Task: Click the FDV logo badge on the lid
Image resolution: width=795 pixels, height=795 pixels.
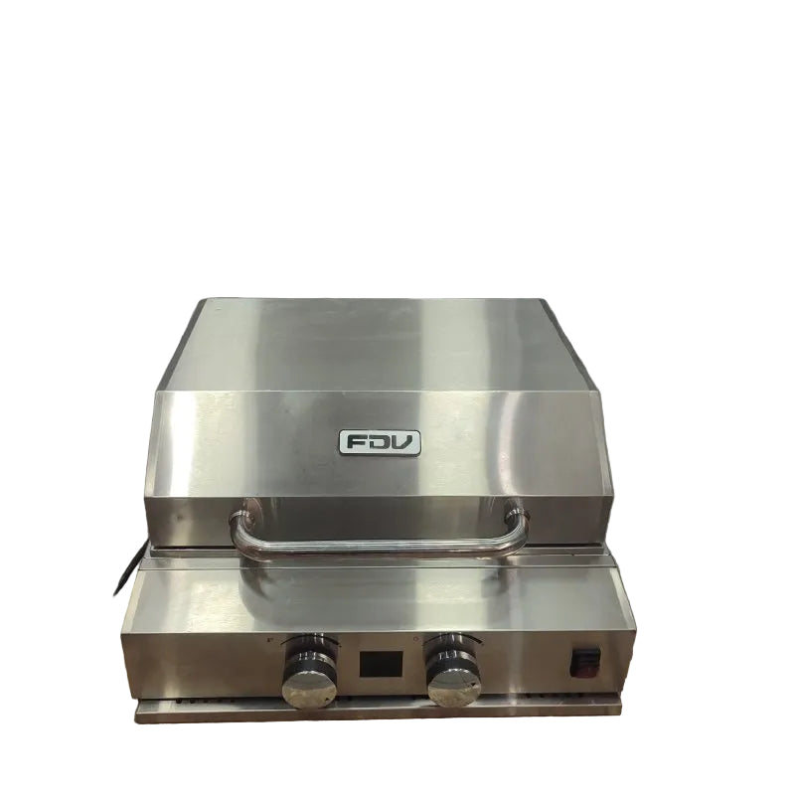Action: (380, 442)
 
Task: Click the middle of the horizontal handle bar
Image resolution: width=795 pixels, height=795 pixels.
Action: (380, 547)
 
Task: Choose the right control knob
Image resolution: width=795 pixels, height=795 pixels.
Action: (453, 671)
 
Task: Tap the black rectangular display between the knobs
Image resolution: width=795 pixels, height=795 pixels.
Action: (381, 663)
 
